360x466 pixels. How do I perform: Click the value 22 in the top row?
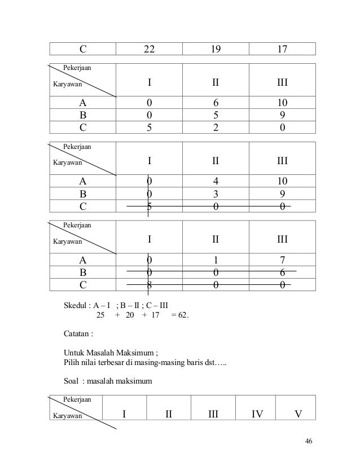coord(149,49)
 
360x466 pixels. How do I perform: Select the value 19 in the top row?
coord(215,49)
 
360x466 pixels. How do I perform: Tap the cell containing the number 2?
coord(215,128)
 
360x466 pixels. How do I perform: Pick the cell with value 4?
coord(215,182)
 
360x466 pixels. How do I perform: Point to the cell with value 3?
coord(215,194)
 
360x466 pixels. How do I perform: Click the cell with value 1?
coord(215,261)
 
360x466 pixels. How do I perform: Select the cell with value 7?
coord(282,261)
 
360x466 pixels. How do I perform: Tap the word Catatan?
coord(78,333)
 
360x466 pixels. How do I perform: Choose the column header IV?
coord(257,416)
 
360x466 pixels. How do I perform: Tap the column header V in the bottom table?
coord(297,416)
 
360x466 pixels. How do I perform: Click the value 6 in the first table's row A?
coord(215,103)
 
